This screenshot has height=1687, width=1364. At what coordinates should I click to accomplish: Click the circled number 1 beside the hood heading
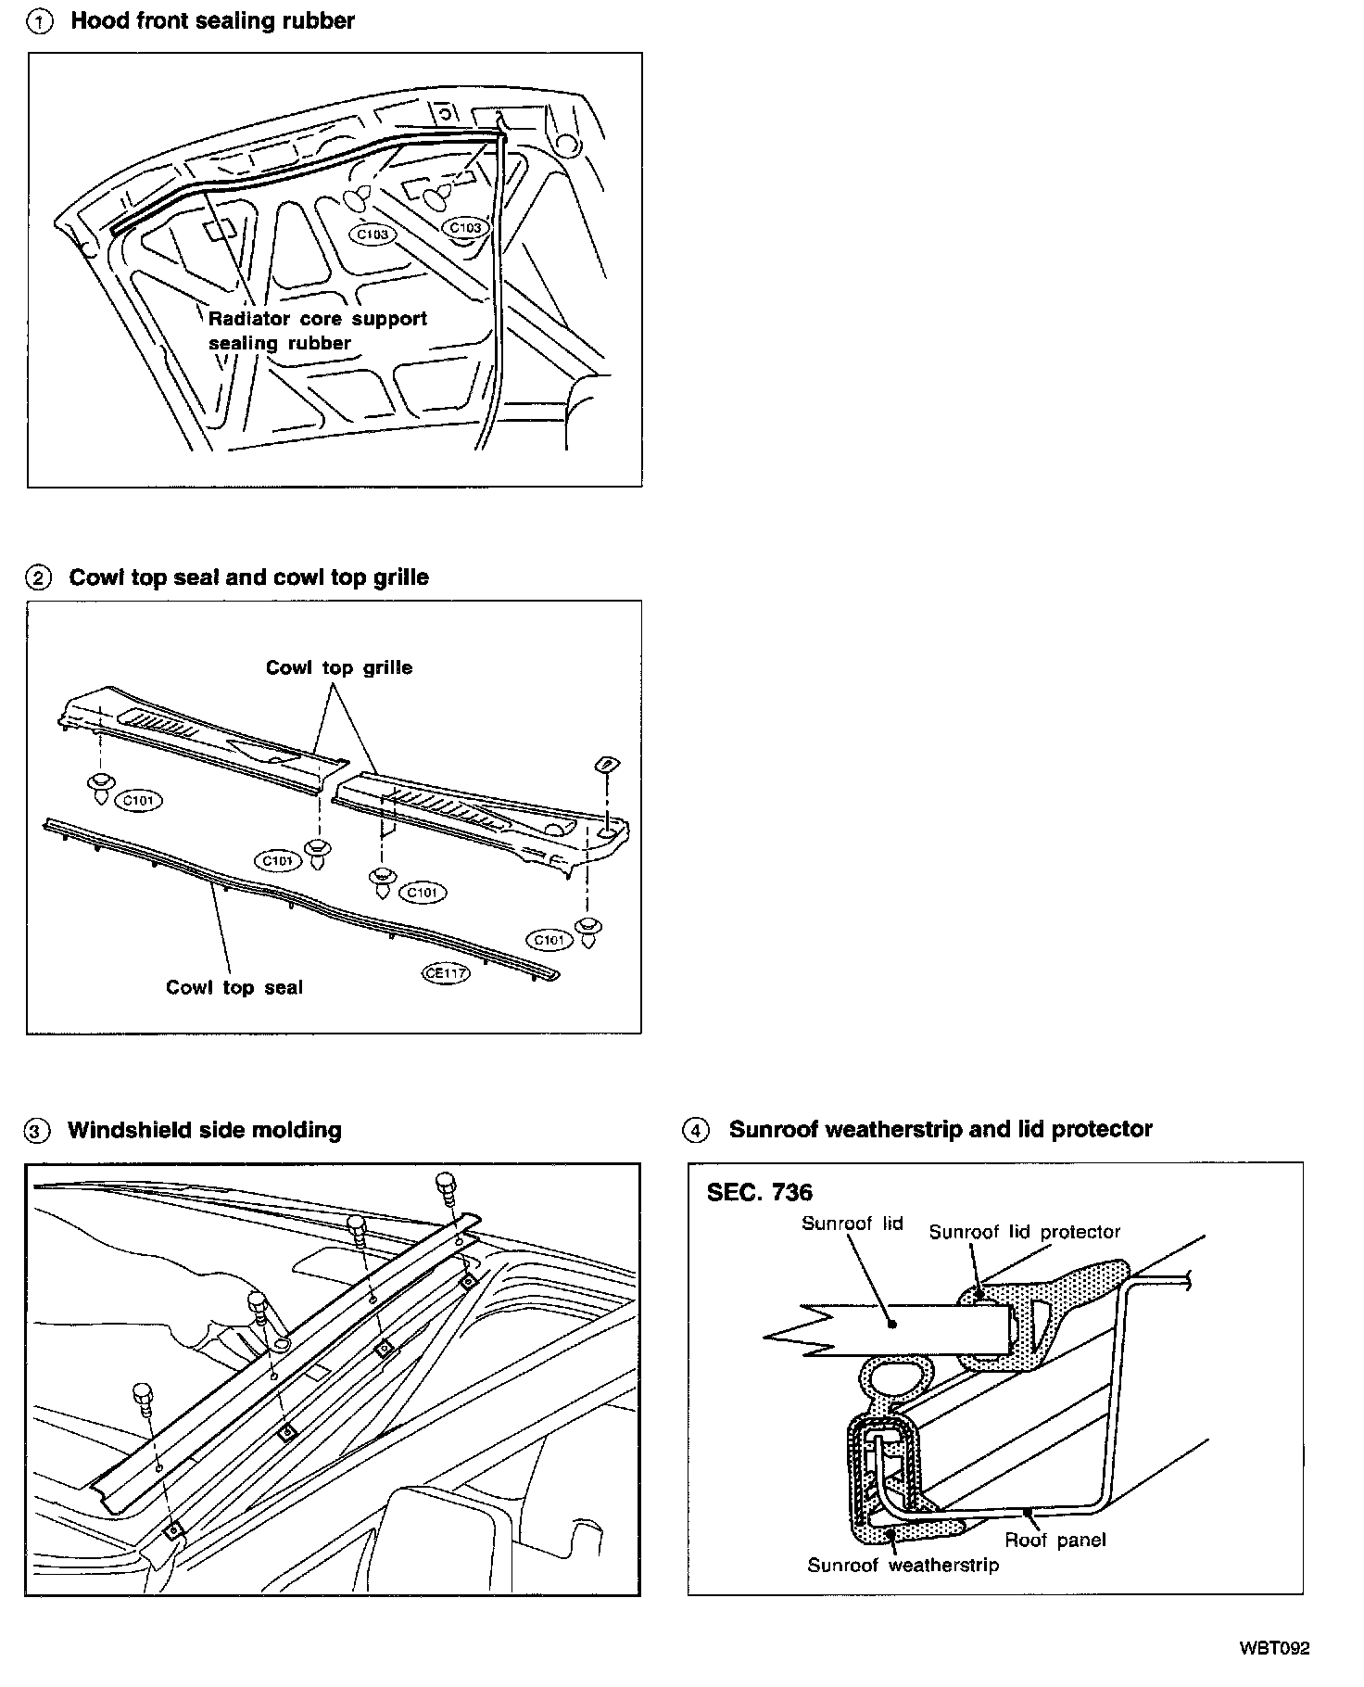(41, 22)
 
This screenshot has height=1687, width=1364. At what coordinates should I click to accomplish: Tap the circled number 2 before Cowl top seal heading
(38, 578)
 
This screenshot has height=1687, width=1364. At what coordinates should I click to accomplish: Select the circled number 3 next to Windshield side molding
(36, 1131)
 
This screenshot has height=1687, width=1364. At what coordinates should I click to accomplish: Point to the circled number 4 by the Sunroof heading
(696, 1130)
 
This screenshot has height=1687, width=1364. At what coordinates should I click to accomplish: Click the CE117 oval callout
(445, 973)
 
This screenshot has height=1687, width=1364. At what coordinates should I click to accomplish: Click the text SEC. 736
(759, 1192)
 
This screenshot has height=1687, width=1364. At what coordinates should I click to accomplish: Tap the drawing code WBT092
(1274, 1648)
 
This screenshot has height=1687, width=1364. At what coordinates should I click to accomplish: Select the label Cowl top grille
(339, 667)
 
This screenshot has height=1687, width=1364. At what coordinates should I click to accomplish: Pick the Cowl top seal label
(234, 987)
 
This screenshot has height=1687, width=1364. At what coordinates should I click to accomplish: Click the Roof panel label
(1055, 1540)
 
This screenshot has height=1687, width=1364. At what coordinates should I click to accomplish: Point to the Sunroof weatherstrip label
(903, 1566)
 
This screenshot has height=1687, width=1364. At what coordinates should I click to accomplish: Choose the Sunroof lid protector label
(1025, 1232)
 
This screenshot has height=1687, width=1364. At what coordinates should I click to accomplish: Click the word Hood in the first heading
(98, 20)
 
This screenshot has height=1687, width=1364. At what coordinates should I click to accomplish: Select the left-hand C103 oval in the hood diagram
(373, 235)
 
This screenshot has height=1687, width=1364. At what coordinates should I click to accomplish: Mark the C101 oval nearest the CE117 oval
(549, 940)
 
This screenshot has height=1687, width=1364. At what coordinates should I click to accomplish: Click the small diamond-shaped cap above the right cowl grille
(607, 764)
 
